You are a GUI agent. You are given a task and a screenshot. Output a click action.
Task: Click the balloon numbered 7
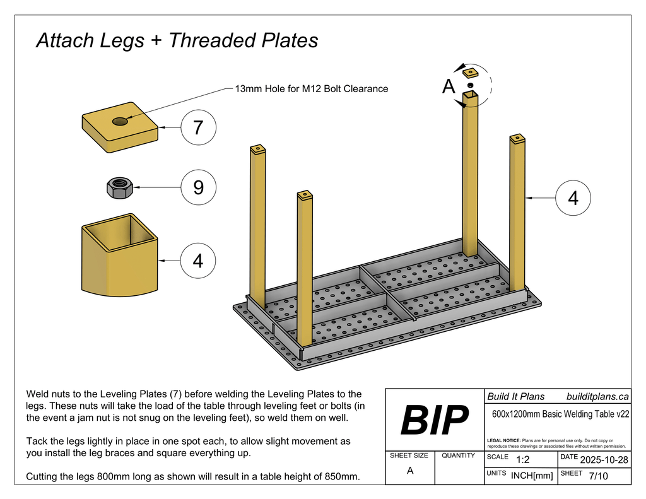198,128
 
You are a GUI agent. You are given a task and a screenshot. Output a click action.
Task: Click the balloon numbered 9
198,187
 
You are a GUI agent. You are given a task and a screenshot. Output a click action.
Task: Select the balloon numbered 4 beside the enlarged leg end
198,260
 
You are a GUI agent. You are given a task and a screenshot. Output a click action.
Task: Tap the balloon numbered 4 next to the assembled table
573,197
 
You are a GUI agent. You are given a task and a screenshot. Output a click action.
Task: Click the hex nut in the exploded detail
119,187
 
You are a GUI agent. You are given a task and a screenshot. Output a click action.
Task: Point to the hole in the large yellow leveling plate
119,121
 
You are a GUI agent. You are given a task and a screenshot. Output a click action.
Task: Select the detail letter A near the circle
449,87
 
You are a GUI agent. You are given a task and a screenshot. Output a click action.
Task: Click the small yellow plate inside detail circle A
470,73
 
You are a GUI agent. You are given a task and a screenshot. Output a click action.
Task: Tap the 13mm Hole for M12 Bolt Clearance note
311,89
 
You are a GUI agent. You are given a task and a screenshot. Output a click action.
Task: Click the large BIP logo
435,420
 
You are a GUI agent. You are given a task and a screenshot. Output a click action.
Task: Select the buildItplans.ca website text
597,397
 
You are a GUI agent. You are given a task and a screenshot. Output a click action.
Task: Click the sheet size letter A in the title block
410,471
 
